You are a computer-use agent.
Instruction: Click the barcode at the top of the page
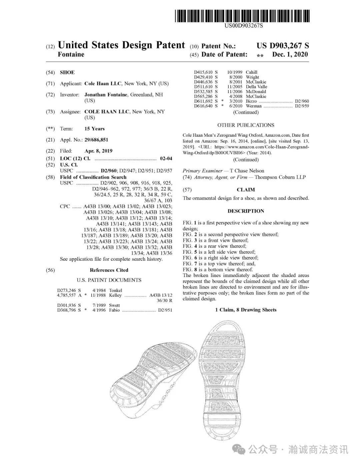(x=242, y=16)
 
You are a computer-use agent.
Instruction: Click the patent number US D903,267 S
(x=283, y=46)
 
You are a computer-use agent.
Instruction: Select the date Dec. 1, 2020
(x=290, y=54)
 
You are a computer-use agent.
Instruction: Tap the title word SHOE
(x=67, y=72)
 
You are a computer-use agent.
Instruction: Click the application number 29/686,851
(x=96, y=140)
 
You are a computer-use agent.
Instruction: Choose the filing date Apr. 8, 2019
(x=98, y=151)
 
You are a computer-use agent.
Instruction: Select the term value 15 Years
(x=94, y=129)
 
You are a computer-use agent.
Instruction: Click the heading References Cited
(x=109, y=270)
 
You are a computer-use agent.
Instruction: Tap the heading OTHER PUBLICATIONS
(x=246, y=125)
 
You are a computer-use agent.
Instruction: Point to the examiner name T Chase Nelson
(x=247, y=171)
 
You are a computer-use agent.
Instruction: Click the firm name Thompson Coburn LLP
(x=280, y=177)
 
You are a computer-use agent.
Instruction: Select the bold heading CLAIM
(x=246, y=190)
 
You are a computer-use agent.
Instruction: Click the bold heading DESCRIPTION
(x=246, y=211)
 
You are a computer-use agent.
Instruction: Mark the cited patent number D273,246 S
(x=69, y=290)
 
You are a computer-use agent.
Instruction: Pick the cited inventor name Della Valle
(x=256, y=87)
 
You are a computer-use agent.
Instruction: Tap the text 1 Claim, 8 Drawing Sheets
(x=246, y=310)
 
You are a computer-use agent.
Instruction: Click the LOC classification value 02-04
(x=166, y=158)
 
